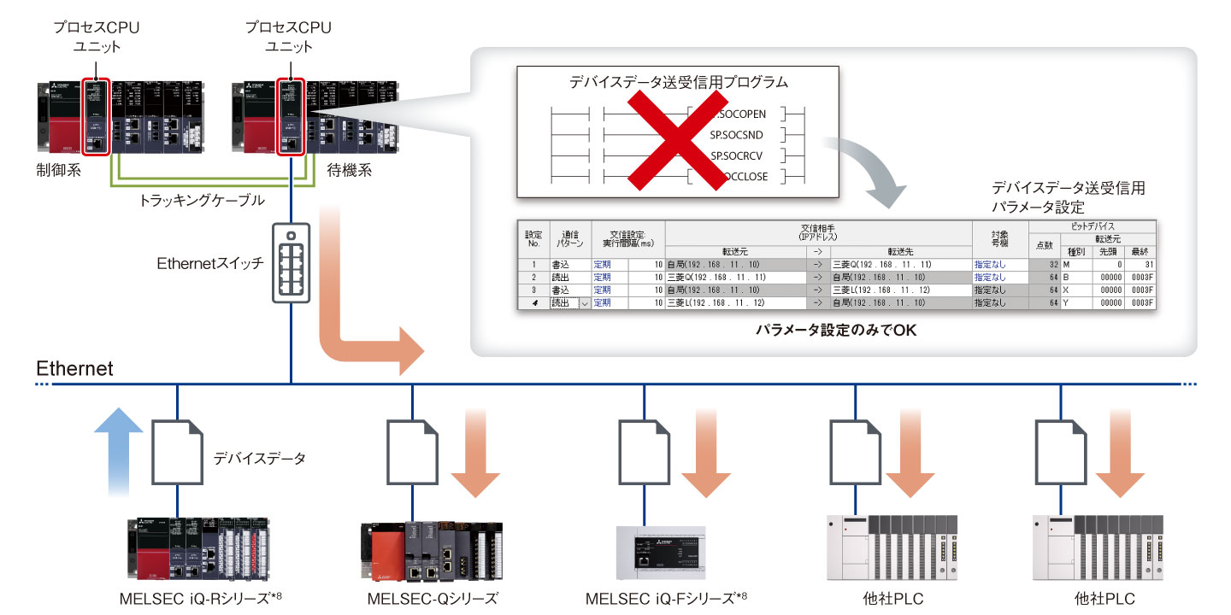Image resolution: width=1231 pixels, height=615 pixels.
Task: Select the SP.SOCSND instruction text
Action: (737, 135)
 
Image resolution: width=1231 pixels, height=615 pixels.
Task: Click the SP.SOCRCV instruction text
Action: (737, 156)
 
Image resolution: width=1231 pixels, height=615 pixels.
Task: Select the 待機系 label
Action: (350, 171)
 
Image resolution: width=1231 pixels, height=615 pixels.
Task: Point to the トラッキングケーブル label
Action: (202, 201)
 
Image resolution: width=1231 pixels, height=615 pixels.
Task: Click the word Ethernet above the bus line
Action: (74, 368)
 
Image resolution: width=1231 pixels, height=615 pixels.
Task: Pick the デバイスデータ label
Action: (259, 459)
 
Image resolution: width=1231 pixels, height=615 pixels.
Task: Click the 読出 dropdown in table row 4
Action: (570, 302)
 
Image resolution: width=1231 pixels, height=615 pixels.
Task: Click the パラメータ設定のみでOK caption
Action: (835, 330)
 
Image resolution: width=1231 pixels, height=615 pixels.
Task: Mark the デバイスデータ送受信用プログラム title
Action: (678, 83)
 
